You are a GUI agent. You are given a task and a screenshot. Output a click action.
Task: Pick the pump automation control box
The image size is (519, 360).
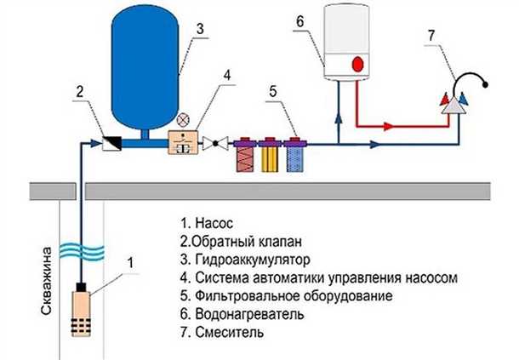[x=182, y=142]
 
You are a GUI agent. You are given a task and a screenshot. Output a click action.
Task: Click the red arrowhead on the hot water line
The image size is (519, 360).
[x=387, y=126]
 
